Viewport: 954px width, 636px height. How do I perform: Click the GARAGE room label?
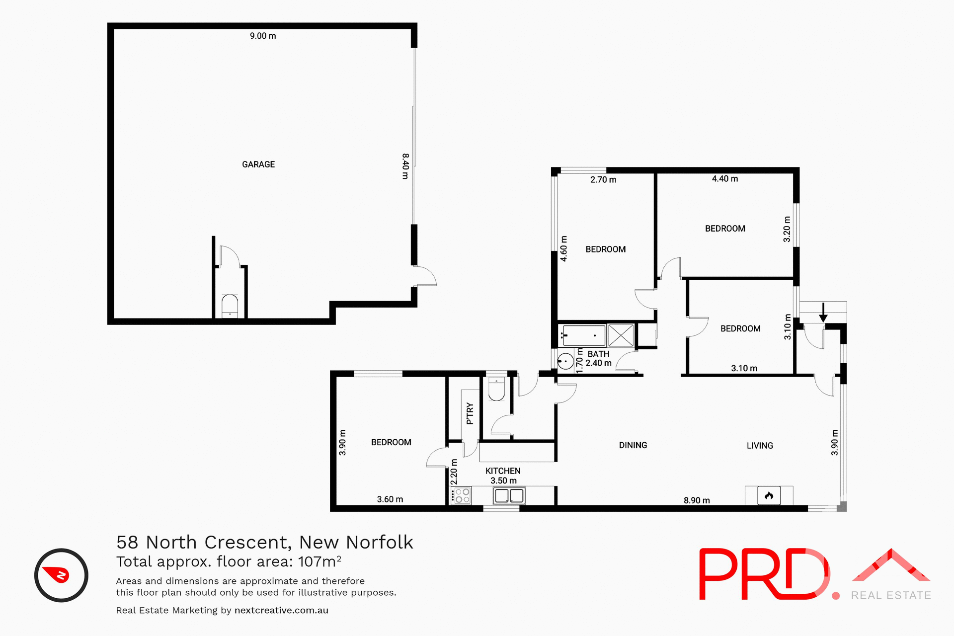click(258, 164)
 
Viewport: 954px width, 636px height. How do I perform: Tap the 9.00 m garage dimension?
click(263, 36)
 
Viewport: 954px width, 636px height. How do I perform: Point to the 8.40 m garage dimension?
click(405, 166)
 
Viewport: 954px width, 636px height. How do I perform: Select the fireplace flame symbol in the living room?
click(769, 495)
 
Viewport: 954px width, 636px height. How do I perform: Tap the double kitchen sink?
click(509, 495)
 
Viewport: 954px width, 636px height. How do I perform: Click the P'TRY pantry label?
click(470, 413)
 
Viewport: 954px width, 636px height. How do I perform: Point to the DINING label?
click(633, 445)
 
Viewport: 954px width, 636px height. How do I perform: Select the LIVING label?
click(760, 446)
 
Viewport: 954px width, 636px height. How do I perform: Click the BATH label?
click(598, 354)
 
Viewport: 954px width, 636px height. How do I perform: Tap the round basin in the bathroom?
click(565, 361)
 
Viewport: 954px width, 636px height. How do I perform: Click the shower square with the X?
click(621, 335)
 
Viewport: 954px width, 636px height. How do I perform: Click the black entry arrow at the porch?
click(823, 313)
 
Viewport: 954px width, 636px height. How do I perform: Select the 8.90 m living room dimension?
click(697, 500)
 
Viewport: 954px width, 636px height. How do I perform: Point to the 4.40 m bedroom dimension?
click(725, 179)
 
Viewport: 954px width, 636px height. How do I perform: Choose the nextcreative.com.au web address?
click(281, 610)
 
